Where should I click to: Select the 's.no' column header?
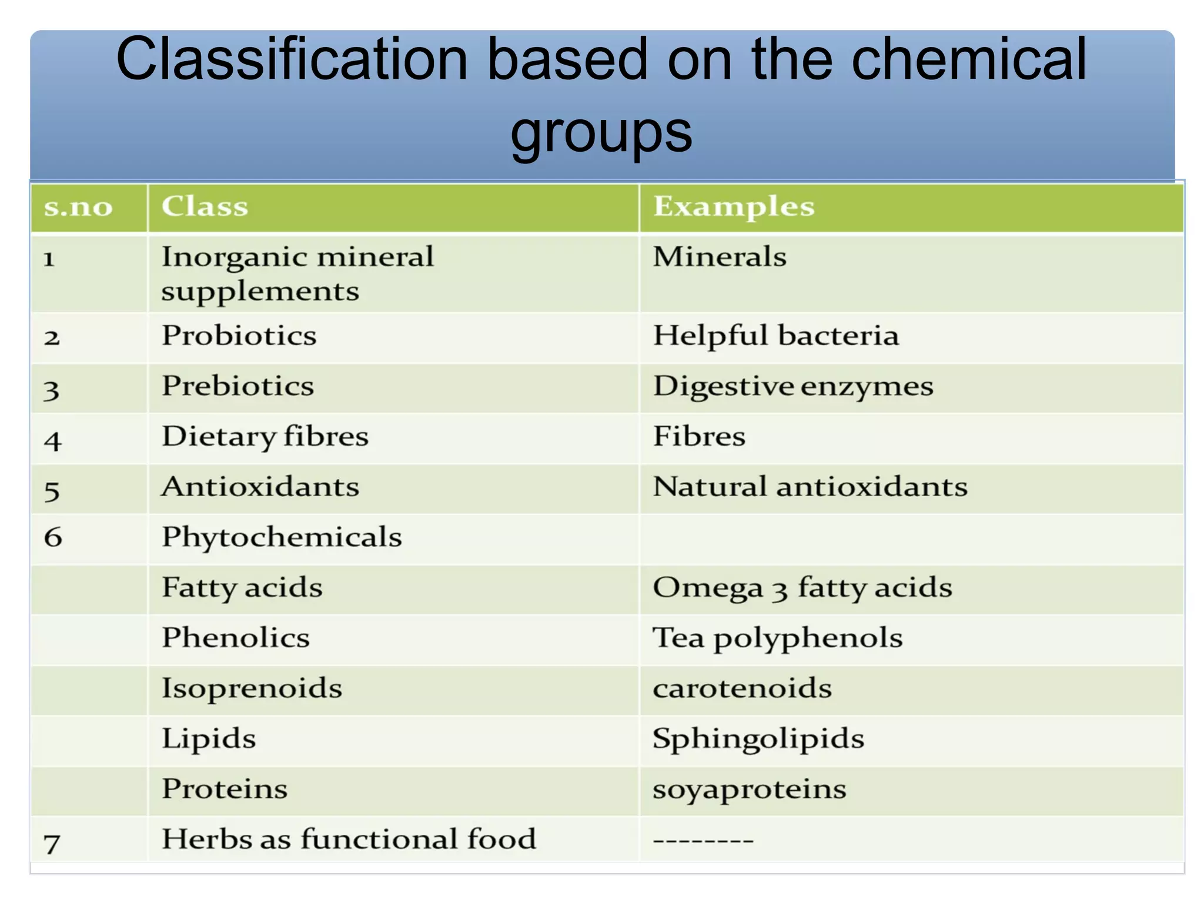pyautogui.click(x=78, y=207)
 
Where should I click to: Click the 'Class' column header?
pyautogui.click(x=205, y=206)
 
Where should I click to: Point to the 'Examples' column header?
pyautogui.click(x=734, y=206)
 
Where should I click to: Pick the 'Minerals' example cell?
pyautogui.click(x=720, y=257)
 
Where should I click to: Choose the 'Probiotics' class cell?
pyautogui.click(x=239, y=336)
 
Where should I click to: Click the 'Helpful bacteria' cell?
pyautogui.click(x=776, y=336)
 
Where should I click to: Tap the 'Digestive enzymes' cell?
pyautogui.click(x=793, y=387)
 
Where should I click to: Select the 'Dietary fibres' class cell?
pyautogui.click(x=265, y=437)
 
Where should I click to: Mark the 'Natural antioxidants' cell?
pyautogui.click(x=810, y=487)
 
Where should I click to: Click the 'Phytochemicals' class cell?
pyautogui.click(x=282, y=537)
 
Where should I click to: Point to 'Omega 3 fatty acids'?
pyautogui.click(x=802, y=587)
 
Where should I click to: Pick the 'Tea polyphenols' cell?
pyautogui.click(x=778, y=638)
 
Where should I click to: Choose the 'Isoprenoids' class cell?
pyautogui.click(x=252, y=688)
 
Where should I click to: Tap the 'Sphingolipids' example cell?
pyautogui.click(x=758, y=738)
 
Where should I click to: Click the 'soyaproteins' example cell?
pyautogui.click(x=750, y=789)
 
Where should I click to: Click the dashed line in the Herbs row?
pyautogui.click(x=703, y=841)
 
